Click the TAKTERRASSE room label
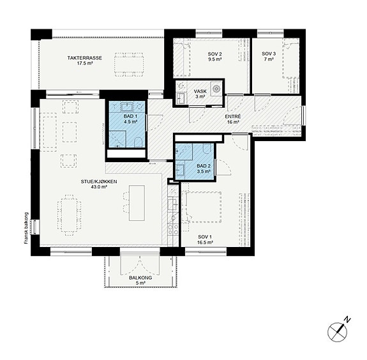[84, 58]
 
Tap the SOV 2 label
[214, 54]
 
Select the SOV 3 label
[269, 54]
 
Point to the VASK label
[200, 91]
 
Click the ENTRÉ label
[233, 116]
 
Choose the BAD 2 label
[204, 166]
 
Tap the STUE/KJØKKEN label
[99, 181]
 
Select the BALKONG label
[140, 278]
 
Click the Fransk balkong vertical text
[26, 229]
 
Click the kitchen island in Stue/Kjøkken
[137, 203]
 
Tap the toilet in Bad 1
[139, 142]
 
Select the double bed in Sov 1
[204, 207]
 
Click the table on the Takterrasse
[129, 64]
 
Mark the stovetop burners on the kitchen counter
[173, 229]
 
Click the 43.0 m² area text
[99, 187]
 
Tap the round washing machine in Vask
[216, 89]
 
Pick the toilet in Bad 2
[207, 148]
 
